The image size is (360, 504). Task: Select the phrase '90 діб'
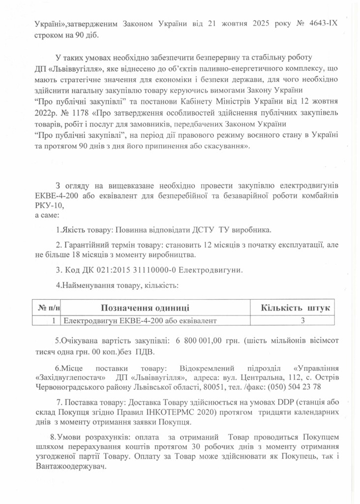[x=90, y=33]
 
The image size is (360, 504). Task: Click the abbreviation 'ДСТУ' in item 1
[x=186, y=230]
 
